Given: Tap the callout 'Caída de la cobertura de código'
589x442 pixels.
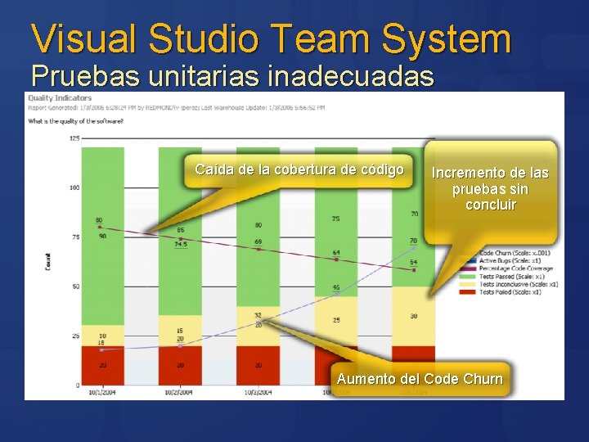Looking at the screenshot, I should pyautogui.click(x=299, y=169).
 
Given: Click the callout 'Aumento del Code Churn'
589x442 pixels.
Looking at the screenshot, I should pyautogui.click(x=420, y=378).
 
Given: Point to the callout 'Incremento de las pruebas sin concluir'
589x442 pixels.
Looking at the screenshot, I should pyautogui.click(x=490, y=188).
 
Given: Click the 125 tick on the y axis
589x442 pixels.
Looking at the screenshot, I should pyautogui.click(x=74, y=138).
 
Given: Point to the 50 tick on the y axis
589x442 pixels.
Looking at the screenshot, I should pyautogui.click(x=76, y=286).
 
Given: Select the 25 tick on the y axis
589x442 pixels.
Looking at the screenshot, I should pyautogui.click(x=76, y=336).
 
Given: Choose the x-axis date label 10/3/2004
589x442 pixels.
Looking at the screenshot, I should pyautogui.click(x=257, y=392).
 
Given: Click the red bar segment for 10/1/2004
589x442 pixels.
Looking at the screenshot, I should pyautogui.click(x=102, y=365).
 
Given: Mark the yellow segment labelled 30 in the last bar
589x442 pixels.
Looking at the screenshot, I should pyautogui.click(x=413, y=316).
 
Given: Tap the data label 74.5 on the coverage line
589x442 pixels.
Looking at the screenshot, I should pyautogui.click(x=181, y=244).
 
